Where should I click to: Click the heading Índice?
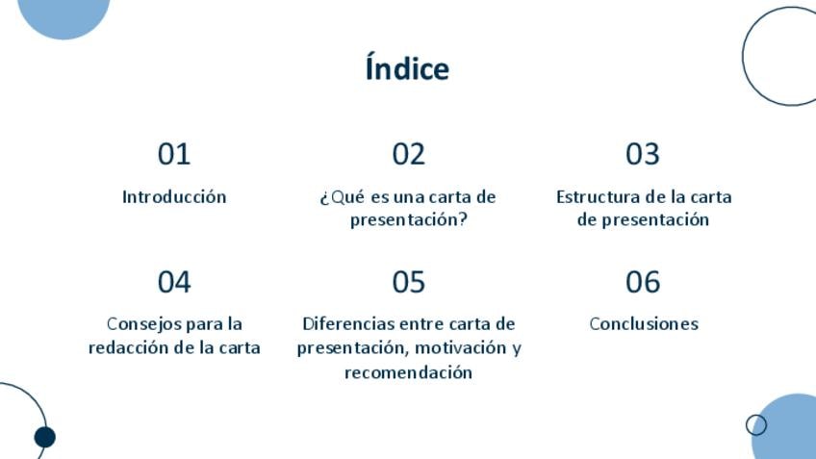407,67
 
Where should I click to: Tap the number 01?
174,154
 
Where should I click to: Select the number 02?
409,154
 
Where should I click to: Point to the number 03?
643,154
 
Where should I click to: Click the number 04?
174,282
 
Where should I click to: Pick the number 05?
409,282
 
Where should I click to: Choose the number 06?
643,282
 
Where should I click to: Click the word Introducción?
174,196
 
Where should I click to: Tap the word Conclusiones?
644,323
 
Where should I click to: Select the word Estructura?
598,196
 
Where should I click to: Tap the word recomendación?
409,372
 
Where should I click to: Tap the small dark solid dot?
45,437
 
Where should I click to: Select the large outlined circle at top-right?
743,56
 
